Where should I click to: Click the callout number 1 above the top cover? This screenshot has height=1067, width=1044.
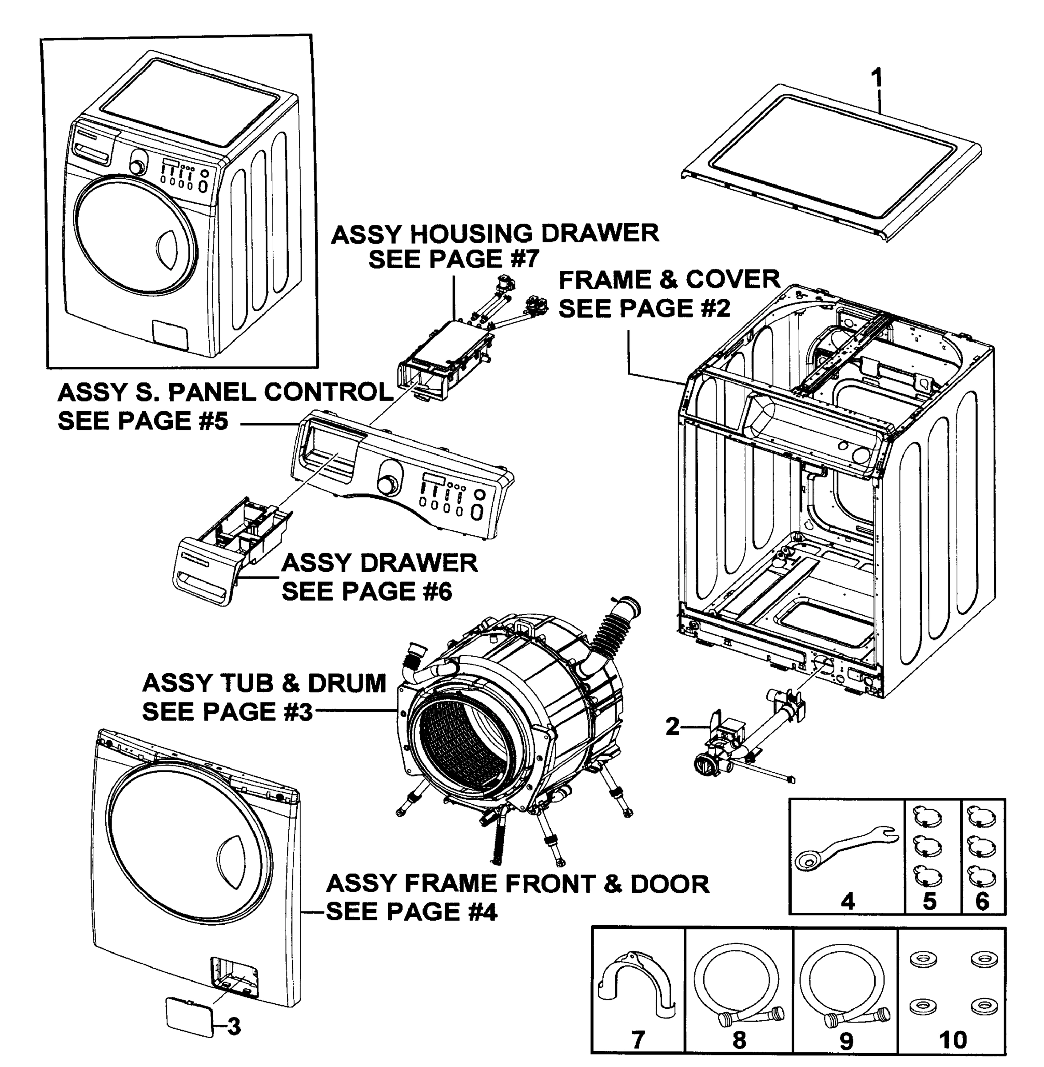pos(877,78)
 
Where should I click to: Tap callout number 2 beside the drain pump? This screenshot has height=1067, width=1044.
pos(673,726)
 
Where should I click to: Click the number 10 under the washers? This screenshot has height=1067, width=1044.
pos(952,1039)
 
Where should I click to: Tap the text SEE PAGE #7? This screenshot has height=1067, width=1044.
pos(454,258)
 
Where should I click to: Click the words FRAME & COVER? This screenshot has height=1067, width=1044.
pos(669,279)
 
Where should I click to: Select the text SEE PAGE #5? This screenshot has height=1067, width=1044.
pos(143,421)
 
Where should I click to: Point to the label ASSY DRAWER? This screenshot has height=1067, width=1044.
pos(379,563)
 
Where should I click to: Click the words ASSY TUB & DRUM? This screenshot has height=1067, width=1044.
pos(264,683)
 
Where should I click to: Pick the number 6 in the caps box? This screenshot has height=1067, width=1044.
pos(981,901)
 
